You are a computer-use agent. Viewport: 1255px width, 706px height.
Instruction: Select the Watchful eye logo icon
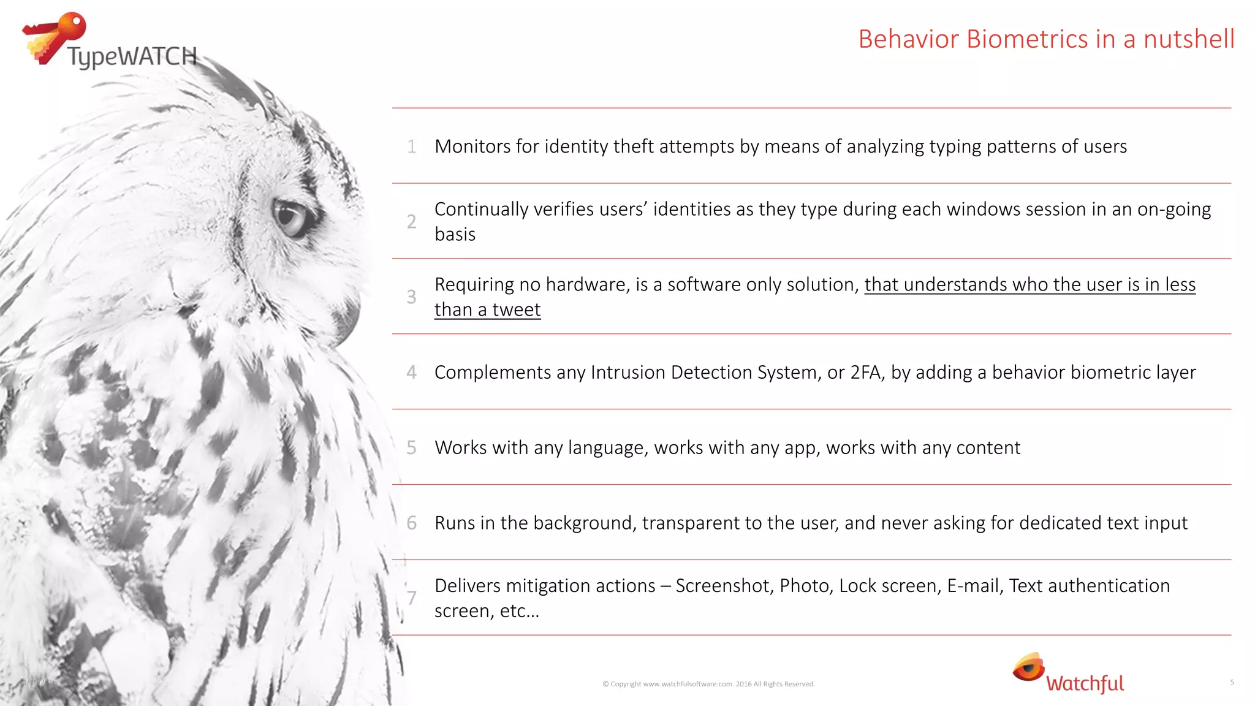click(x=1028, y=667)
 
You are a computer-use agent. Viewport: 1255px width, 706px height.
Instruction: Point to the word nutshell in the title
click(x=1189, y=39)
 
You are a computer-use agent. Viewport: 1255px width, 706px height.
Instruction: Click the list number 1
click(x=412, y=146)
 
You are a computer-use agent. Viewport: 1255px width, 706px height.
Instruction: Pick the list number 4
click(x=412, y=372)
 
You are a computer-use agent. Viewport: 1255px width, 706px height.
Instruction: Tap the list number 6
click(x=412, y=523)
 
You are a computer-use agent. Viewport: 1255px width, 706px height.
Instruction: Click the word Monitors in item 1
click(x=472, y=146)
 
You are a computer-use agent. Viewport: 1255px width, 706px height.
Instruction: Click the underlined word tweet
click(x=516, y=310)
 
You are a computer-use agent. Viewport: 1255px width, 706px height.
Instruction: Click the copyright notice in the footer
click(x=708, y=684)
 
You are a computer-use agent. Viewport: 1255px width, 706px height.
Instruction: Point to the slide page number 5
click(x=1232, y=682)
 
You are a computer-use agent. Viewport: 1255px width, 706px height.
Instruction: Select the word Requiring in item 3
click(x=474, y=285)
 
